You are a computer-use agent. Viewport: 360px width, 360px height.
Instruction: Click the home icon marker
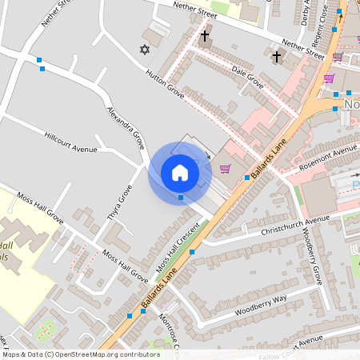point(180,172)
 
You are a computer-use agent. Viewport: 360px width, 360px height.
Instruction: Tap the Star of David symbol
point(145,50)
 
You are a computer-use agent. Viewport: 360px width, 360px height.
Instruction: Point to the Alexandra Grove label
point(126,126)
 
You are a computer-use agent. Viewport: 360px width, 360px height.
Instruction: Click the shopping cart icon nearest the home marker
point(226,168)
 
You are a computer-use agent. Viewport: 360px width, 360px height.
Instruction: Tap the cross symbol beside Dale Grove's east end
point(277,57)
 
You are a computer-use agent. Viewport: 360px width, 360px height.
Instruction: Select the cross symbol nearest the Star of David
point(205,36)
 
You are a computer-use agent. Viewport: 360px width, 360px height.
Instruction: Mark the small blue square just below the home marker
point(181,197)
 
